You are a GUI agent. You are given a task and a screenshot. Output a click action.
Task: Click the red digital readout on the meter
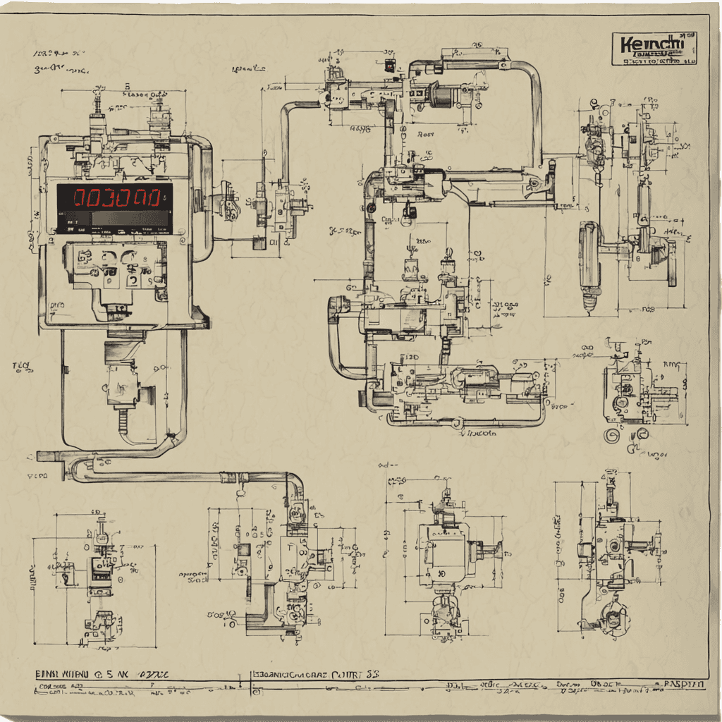click(x=113, y=197)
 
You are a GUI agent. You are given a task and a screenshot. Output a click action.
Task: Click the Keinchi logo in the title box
click(x=652, y=45)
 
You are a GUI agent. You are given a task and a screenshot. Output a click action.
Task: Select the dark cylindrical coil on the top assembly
click(x=441, y=95)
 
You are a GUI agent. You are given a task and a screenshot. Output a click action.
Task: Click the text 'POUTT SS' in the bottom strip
click(x=357, y=675)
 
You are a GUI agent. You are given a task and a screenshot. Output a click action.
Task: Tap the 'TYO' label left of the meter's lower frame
click(x=23, y=366)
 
